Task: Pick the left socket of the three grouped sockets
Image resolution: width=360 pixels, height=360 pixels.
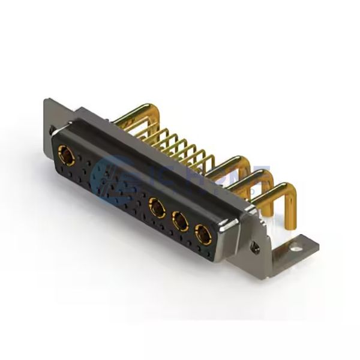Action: [x=158, y=209]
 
